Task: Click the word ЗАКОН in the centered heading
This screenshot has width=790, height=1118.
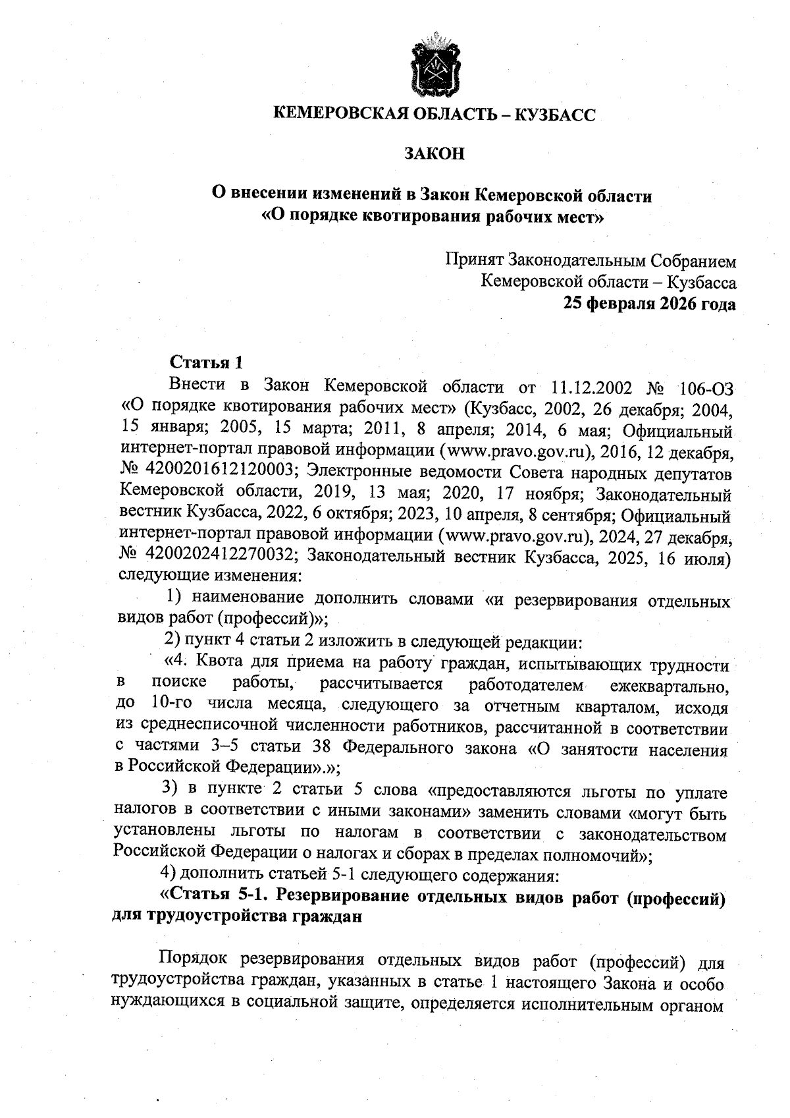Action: [x=434, y=154]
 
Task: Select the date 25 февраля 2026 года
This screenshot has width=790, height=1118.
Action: [x=649, y=304]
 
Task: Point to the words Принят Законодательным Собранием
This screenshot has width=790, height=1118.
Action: [x=591, y=260]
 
